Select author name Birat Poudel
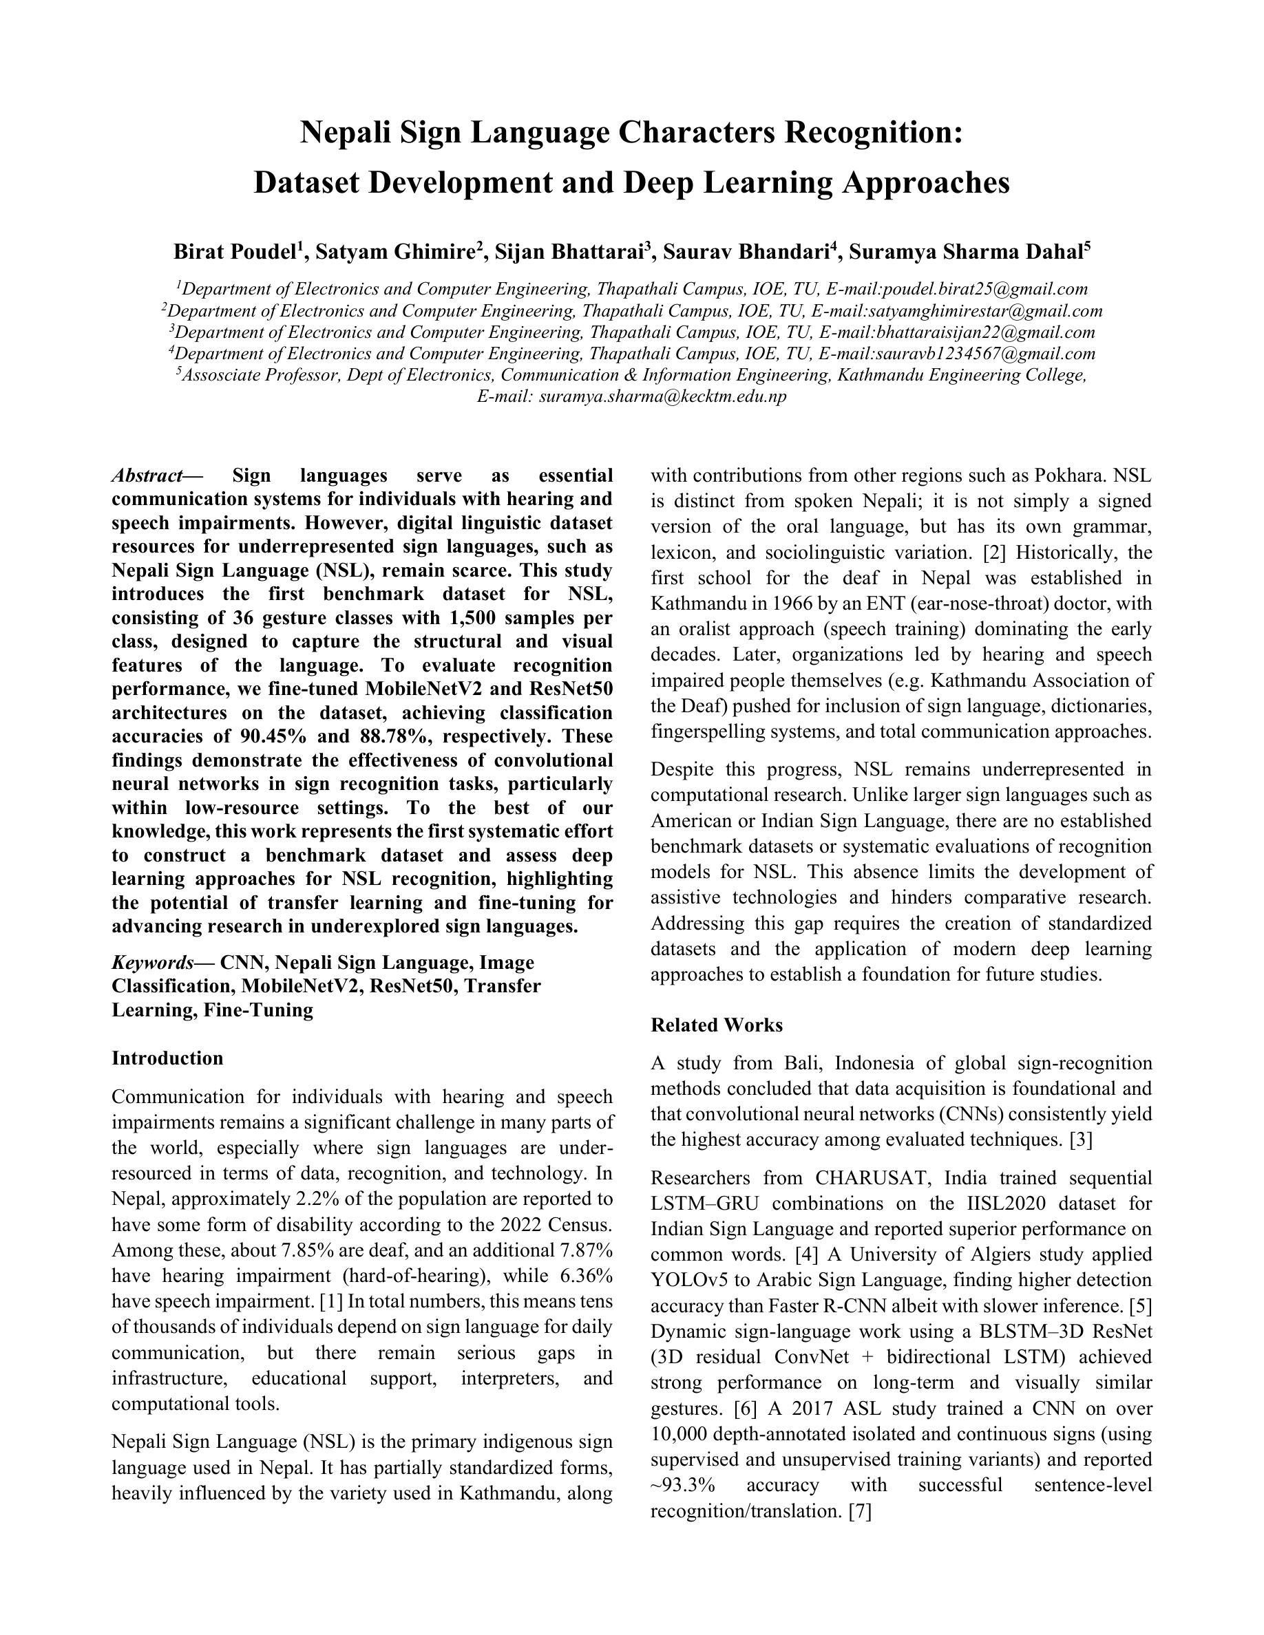coord(234,253)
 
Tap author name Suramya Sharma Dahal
coord(965,253)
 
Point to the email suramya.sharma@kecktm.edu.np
coord(662,397)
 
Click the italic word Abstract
coord(147,476)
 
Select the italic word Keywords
coord(153,962)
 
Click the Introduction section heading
coord(168,1058)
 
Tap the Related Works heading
coord(717,1025)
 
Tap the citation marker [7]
coord(861,1510)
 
